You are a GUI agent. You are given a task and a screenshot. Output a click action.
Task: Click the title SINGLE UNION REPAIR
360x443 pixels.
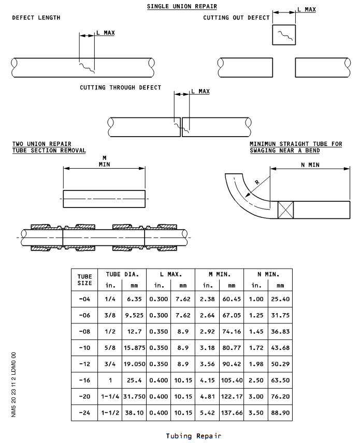tap(182, 6)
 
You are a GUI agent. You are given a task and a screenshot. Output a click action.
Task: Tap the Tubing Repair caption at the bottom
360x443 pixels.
tap(193, 436)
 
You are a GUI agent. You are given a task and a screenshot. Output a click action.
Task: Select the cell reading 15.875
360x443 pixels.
tap(134, 348)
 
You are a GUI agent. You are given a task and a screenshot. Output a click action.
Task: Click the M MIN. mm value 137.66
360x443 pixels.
tap(232, 413)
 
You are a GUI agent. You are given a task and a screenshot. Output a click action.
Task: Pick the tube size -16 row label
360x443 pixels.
tap(84, 380)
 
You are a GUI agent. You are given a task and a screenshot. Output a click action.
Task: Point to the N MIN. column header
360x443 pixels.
tap(268, 274)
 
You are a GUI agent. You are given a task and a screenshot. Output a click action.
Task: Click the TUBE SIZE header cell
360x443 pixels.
tap(84, 279)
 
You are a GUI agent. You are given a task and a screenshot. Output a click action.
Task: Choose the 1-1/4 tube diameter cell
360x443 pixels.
tap(110, 396)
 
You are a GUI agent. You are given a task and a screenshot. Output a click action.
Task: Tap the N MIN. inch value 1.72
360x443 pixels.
tap(256, 348)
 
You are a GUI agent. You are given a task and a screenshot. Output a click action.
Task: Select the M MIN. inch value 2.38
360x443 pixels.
tap(207, 299)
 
